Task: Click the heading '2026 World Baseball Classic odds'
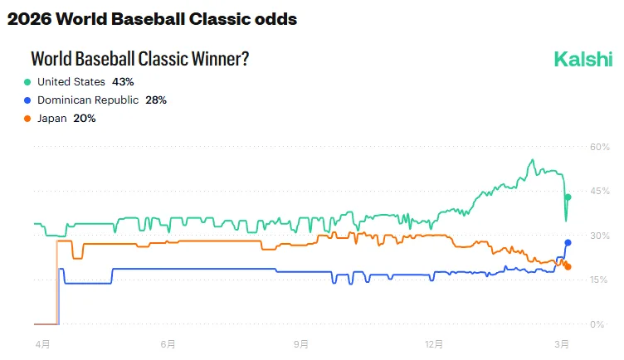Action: pos(152,17)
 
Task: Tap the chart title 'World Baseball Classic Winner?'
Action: pos(140,59)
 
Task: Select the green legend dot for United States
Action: pos(27,82)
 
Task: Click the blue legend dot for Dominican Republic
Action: pos(27,100)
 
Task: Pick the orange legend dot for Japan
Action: pos(27,119)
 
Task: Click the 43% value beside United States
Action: pos(123,82)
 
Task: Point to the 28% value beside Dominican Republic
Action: pos(156,100)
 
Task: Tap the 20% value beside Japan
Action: pos(84,119)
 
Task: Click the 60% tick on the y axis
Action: pos(599,148)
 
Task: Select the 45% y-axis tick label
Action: pos(599,192)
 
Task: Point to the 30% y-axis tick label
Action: pos(599,236)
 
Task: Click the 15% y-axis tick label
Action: pos(599,280)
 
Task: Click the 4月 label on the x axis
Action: pos(42,343)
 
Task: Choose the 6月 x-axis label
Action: pos(168,343)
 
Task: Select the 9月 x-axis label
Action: pos(301,343)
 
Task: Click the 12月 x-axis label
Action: pos(434,343)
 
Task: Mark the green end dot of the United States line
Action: pos(568,197)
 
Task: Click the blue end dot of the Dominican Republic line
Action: pos(568,242)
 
